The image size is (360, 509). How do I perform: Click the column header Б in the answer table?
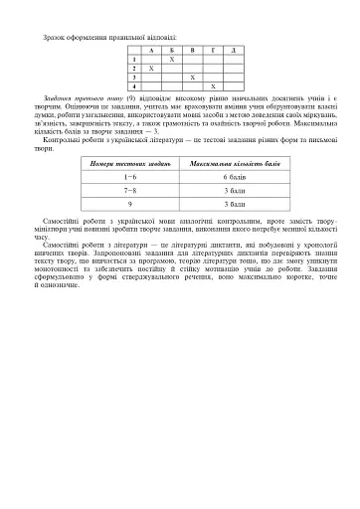[171, 49]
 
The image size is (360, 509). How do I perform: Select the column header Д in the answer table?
[232, 49]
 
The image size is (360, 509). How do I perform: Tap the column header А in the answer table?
[151, 49]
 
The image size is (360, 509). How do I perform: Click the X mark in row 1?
[171, 59]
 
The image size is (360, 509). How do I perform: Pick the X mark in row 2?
[151, 68]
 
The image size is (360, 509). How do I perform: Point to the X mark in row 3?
[191, 77]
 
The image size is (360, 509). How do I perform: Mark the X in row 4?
[212, 86]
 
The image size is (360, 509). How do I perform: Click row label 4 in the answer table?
[132, 86]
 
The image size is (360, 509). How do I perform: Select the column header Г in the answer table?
[212, 49]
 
